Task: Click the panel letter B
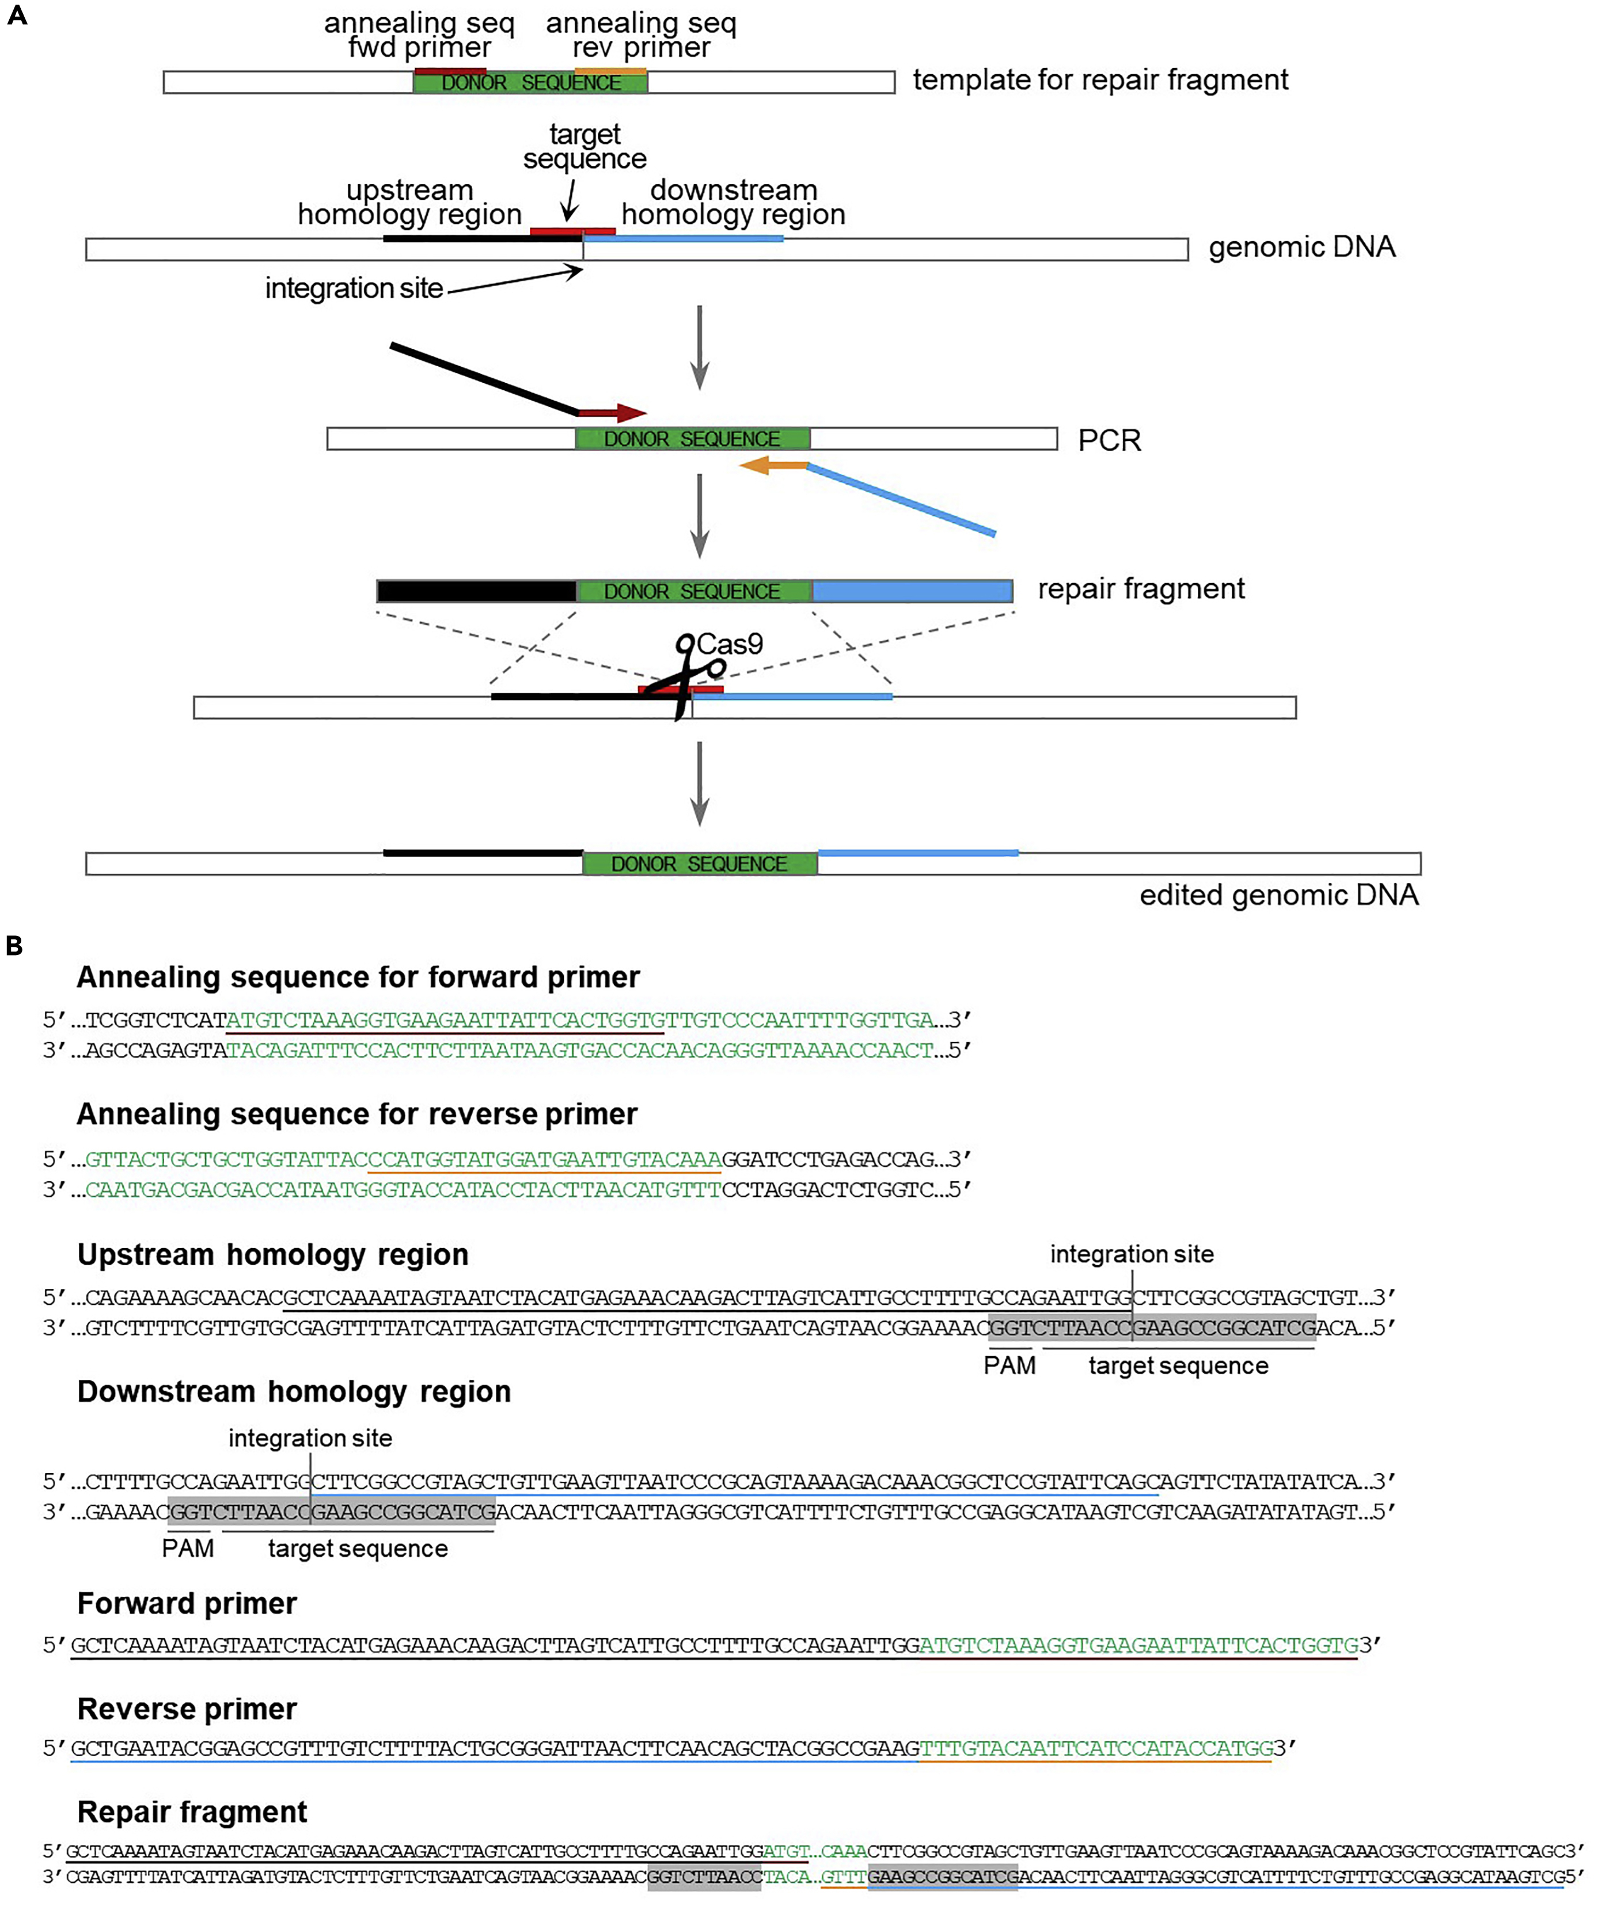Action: (x=14, y=946)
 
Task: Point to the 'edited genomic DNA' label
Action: (x=1278, y=895)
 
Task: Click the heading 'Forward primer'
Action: (x=187, y=1604)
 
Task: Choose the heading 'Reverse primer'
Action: (x=187, y=1709)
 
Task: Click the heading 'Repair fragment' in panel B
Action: (x=192, y=1812)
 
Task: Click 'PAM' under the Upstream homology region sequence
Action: (x=1009, y=1366)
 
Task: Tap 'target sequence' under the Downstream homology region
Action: (x=358, y=1549)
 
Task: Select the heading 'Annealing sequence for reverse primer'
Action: (x=357, y=1114)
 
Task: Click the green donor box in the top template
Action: (x=530, y=82)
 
